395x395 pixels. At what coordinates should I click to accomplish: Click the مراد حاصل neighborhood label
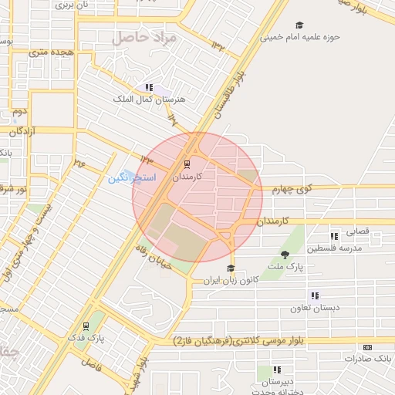point(144,37)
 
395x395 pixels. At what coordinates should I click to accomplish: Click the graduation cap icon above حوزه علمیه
point(299,25)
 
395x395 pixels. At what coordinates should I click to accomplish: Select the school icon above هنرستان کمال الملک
point(149,88)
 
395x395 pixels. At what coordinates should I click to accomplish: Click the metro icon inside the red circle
point(186,164)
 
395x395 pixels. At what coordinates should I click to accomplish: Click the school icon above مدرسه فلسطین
point(334,236)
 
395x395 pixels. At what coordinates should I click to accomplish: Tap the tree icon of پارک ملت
point(285,255)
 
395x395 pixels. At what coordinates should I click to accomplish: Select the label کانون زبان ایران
point(230,280)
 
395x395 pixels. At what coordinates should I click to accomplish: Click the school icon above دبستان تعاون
point(314,295)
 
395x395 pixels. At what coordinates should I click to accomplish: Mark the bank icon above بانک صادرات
point(366,347)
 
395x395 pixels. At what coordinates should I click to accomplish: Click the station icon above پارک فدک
point(85,326)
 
